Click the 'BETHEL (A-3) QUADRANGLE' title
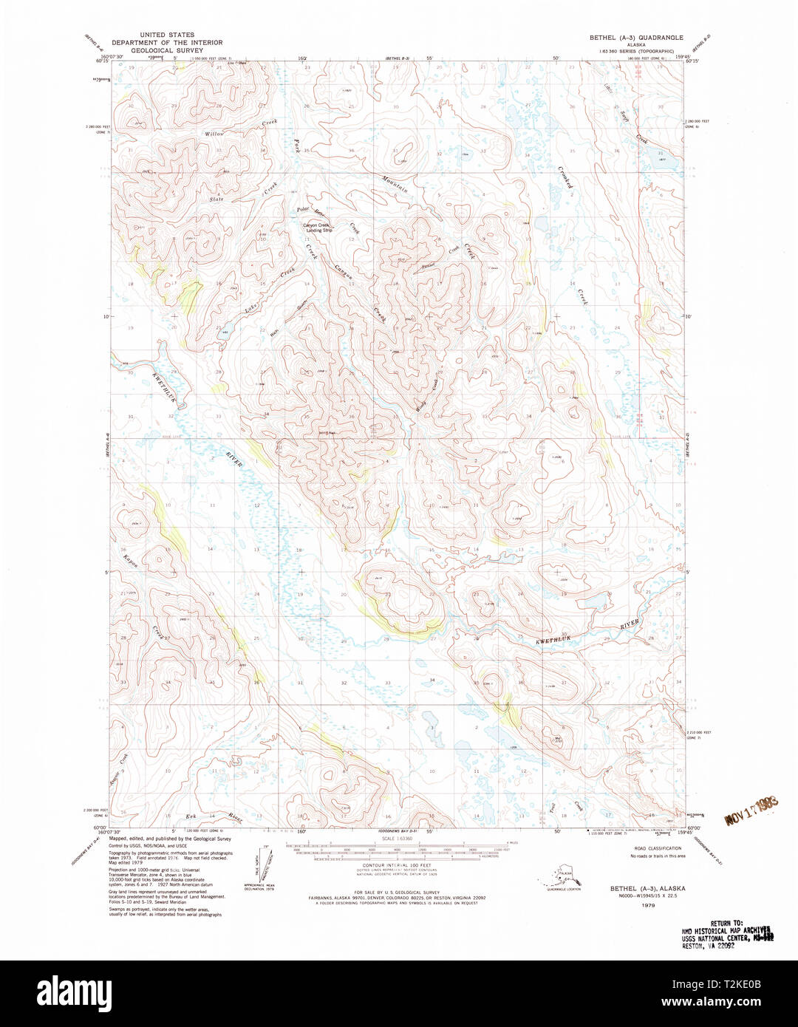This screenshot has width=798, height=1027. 635,37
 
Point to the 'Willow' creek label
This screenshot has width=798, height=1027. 214,134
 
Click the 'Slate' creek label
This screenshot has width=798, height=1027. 216,199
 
